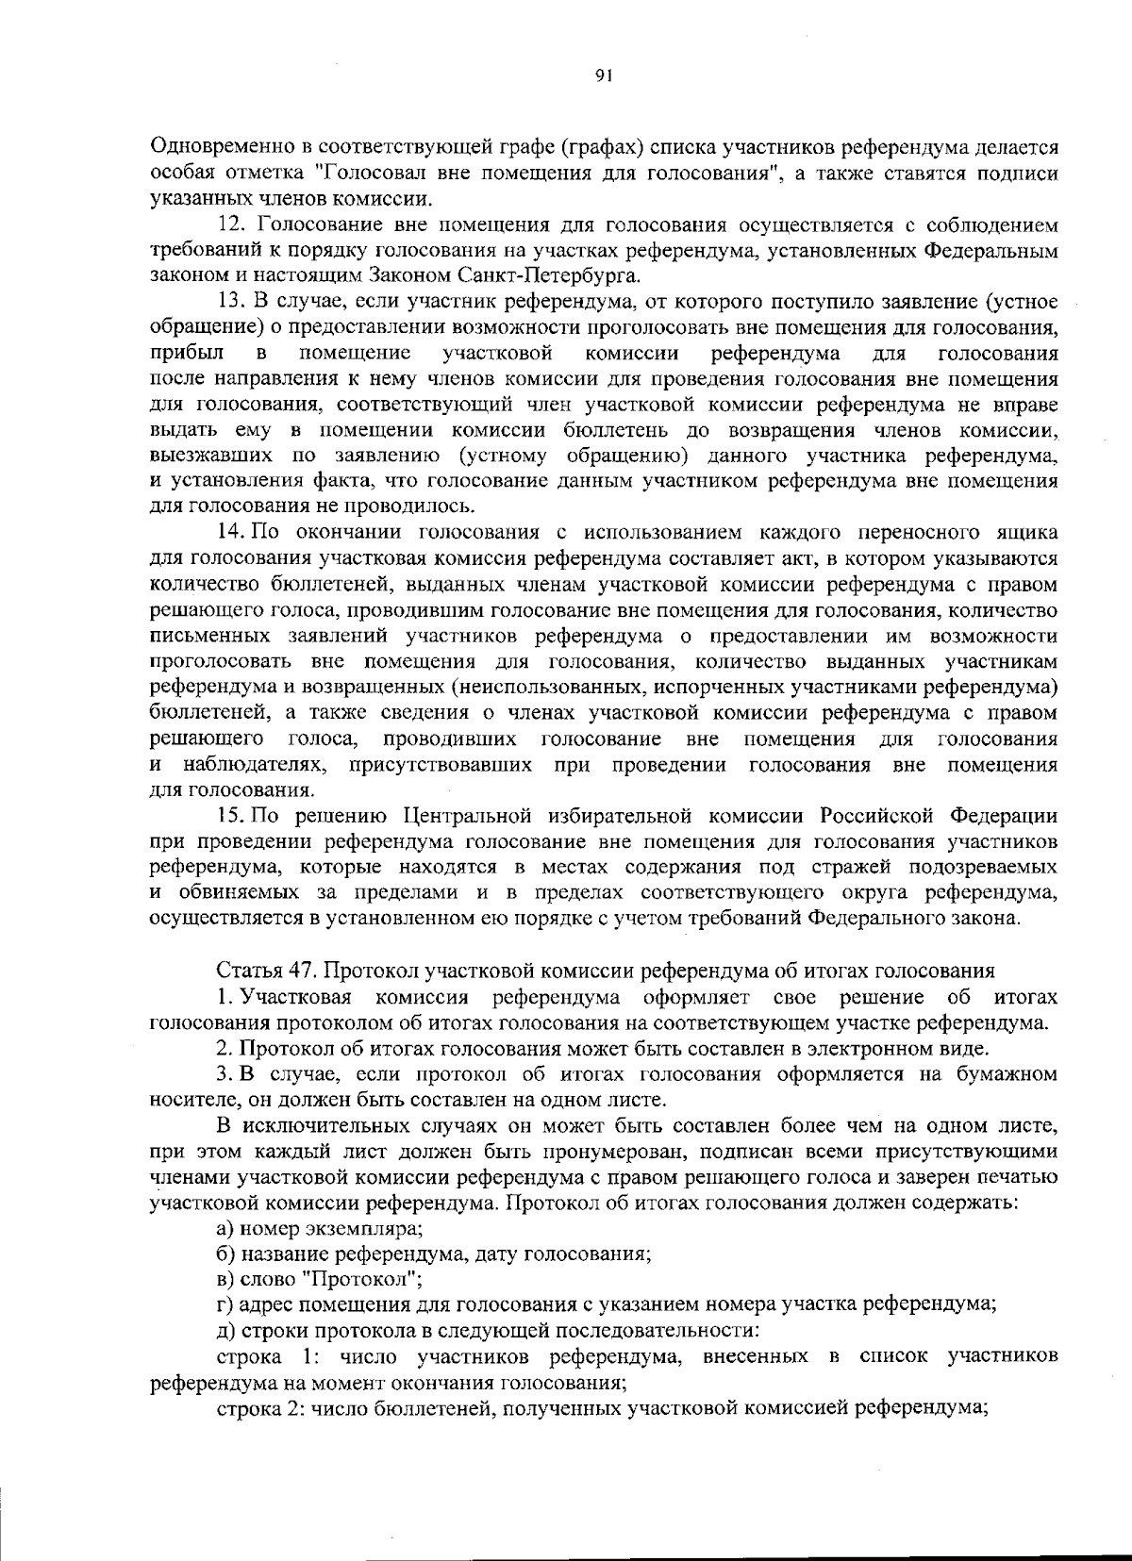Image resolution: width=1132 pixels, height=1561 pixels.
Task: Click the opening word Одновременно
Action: (219, 147)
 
